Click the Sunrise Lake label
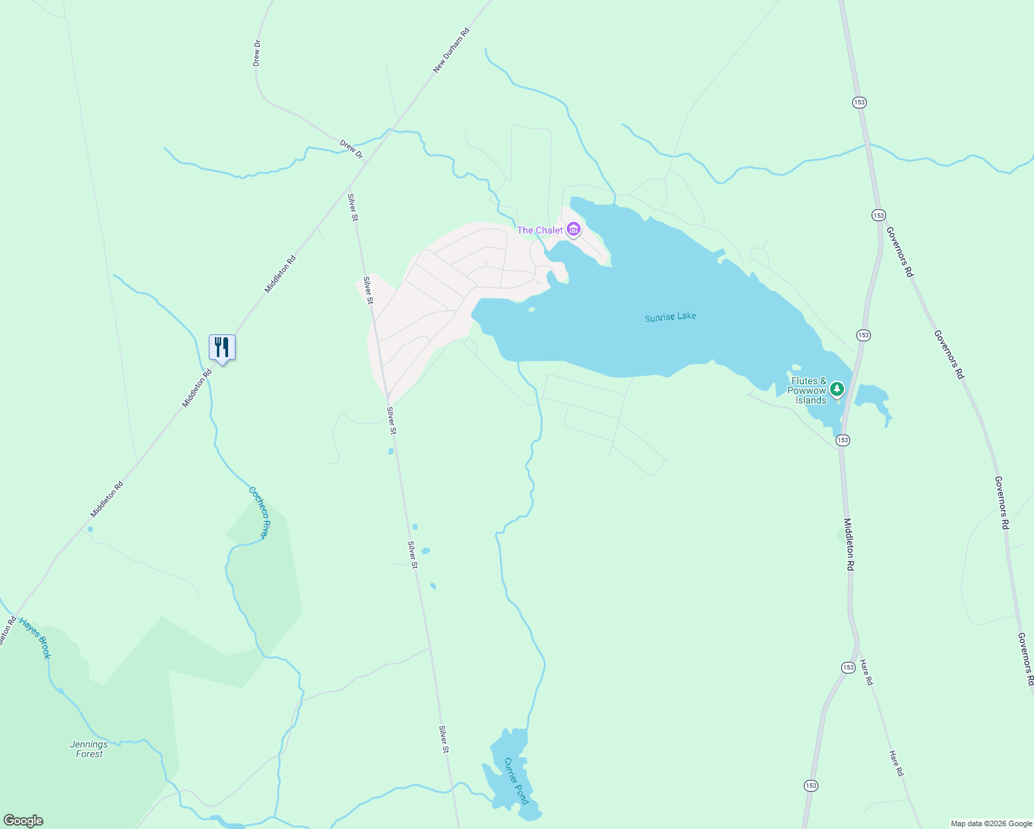click(670, 317)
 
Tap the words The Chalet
click(540, 230)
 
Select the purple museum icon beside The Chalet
click(573, 229)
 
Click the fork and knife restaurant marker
click(222, 347)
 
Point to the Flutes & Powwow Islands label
click(808, 390)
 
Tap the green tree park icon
click(837, 390)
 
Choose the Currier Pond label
click(516, 781)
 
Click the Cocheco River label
click(258, 513)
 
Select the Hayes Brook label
click(35, 638)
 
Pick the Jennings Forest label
click(89, 749)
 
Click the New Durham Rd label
click(451, 50)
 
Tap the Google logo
click(23, 821)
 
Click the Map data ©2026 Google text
click(990, 823)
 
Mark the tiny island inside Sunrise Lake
click(531, 309)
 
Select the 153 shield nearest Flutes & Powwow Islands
click(843, 440)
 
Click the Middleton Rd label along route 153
click(849, 544)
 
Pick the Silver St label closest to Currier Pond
click(444, 739)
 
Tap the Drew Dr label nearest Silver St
click(351, 149)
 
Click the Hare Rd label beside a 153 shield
click(866, 673)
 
